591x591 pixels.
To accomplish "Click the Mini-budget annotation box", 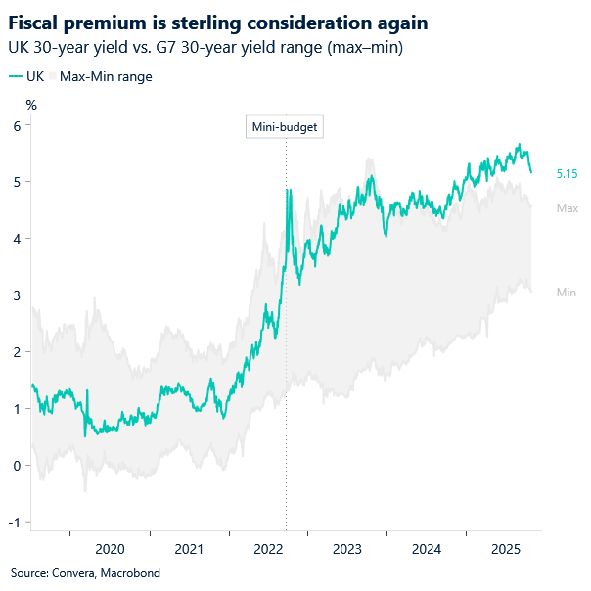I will tap(285, 127).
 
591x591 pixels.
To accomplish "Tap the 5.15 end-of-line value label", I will tap(567, 173).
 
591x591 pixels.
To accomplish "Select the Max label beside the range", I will tap(567, 208).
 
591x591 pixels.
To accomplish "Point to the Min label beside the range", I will tap(566, 293).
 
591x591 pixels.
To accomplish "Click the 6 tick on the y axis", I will tap(17, 125).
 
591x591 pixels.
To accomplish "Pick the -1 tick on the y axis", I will tap(15, 523).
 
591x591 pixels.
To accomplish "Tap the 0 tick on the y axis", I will tap(17, 466).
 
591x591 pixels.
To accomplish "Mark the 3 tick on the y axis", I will tap(17, 295).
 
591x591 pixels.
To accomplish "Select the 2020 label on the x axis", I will tap(110, 549).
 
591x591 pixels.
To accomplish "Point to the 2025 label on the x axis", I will tap(504, 549).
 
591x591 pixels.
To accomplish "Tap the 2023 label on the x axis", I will tap(346, 549).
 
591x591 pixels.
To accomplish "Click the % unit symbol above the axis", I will tap(31, 104).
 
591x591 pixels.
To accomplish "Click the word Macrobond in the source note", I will tap(132, 573).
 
